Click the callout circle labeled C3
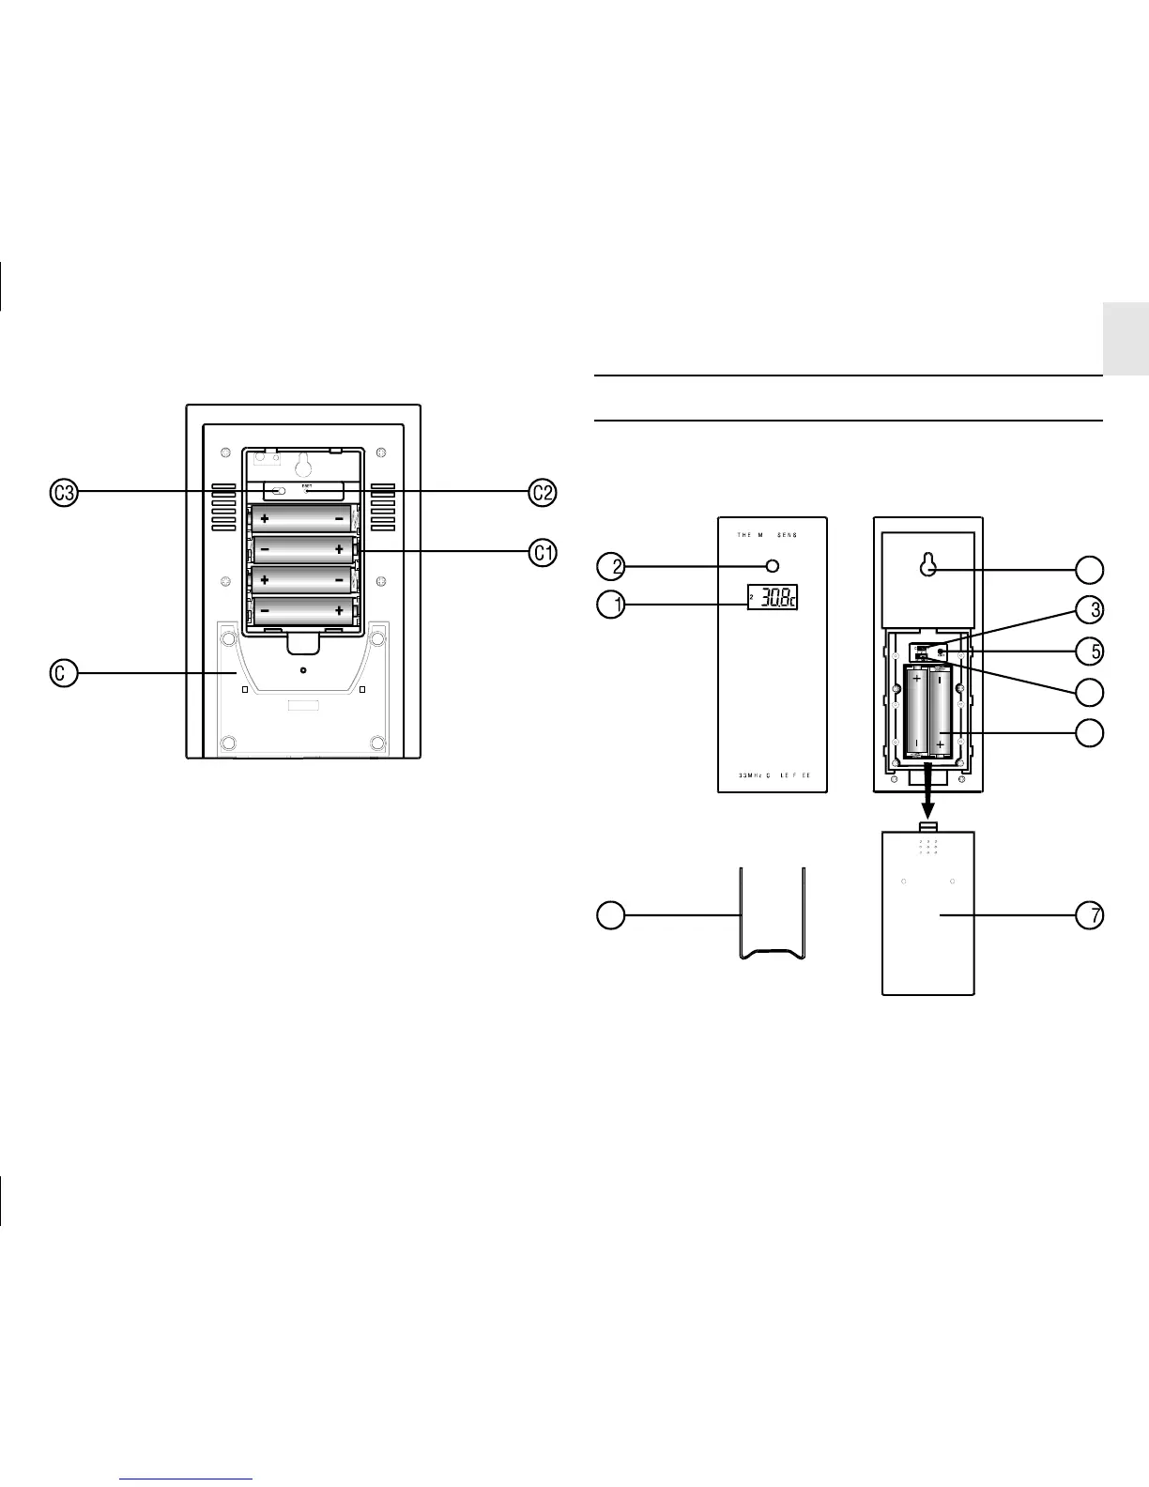(x=64, y=492)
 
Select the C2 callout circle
(x=543, y=492)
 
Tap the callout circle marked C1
(x=543, y=554)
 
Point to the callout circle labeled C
(x=64, y=672)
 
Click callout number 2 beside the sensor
(x=611, y=566)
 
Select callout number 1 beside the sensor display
(x=611, y=605)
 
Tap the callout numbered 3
(x=1090, y=609)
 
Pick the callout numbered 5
(x=1090, y=650)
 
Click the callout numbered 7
(x=1090, y=915)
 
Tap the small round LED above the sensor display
(x=773, y=566)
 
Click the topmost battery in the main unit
(x=301, y=518)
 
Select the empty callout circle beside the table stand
(x=611, y=915)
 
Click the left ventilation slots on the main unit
(x=223, y=508)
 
